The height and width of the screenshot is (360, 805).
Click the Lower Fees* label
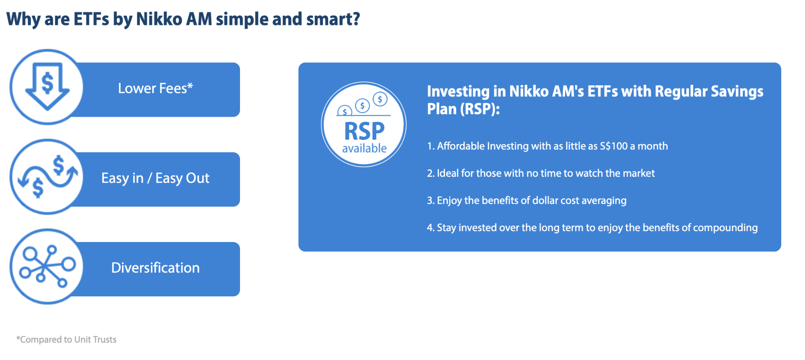click(x=155, y=88)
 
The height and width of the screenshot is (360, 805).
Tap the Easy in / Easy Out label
click(x=155, y=178)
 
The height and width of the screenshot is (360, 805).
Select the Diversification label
click(x=155, y=268)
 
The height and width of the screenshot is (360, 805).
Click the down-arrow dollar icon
click(x=47, y=87)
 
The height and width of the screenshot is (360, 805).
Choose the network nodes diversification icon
click(x=48, y=266)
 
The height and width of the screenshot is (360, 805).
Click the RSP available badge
click(x=364, y=124)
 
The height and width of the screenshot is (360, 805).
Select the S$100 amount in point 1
click(x=614, y=146)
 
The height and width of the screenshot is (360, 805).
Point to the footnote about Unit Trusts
click(x=66, y=339)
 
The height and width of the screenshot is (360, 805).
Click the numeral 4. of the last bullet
click(x=431, y=228)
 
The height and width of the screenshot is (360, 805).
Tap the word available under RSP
click(x=364, y=148)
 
